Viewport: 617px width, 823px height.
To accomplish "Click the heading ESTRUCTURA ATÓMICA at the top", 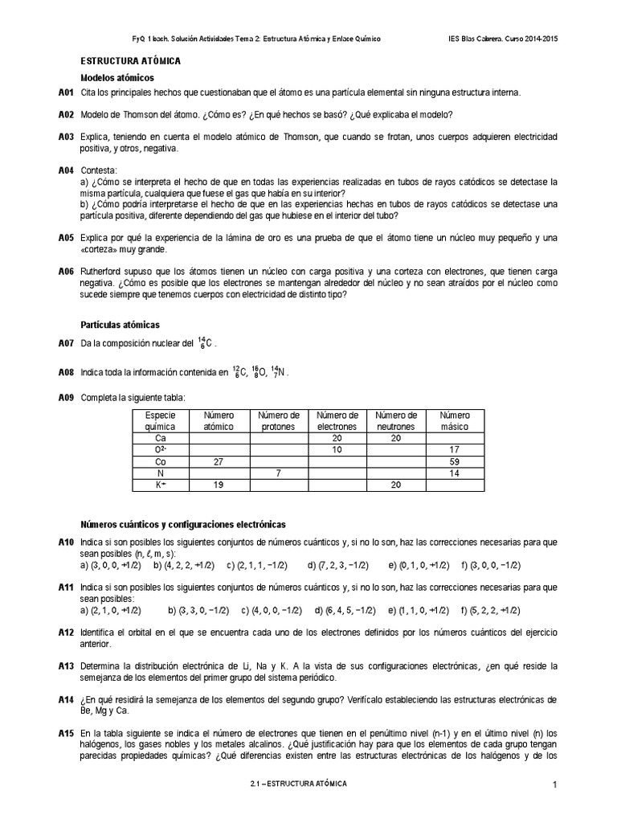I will (x=131, y=61).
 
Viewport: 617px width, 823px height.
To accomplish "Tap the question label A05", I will (x=67, y=239).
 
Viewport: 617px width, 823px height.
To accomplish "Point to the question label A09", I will (x=67, y=397).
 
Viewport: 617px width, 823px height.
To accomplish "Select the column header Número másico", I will (x=455, y=420).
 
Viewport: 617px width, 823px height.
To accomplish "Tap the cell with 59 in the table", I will (x=455, y=462).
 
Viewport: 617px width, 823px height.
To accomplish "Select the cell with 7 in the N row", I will (x=278, y=474).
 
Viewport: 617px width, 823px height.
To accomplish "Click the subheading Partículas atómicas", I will (x=121, y=325).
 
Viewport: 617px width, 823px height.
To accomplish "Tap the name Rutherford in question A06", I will (x=103, y=272).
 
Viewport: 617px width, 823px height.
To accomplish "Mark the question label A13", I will (x=67, y=667).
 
